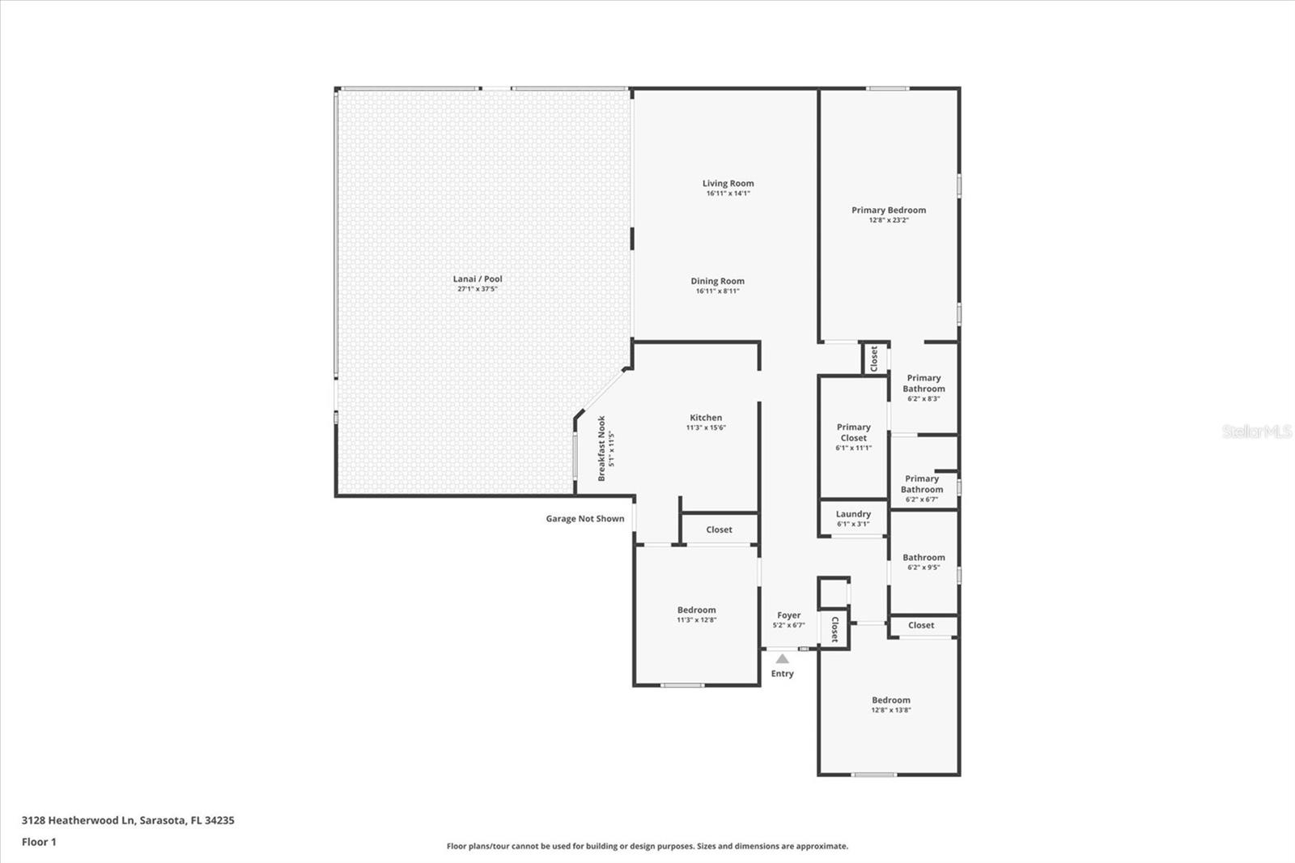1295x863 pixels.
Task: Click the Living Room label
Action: click(728, 184)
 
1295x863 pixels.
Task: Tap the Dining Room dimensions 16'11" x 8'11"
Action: click(717, 291)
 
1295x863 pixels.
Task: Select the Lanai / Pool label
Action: click(478, 279)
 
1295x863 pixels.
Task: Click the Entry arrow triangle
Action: click(782, 659)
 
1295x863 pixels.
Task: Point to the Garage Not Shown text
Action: click(584, 519)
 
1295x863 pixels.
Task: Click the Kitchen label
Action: click(706, 418)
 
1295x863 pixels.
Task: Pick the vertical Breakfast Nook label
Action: click(601, 449)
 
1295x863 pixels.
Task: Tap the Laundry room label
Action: click(853, 514)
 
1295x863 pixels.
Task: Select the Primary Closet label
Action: click(853, 432)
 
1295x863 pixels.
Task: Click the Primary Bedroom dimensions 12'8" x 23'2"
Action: click(889, 220)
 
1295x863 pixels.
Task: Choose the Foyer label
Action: click(788, 615)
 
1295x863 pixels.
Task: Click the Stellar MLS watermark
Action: click(1257, 431)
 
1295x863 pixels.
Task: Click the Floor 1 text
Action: click(39, 842)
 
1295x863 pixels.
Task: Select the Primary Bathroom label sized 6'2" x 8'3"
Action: click(923, 384)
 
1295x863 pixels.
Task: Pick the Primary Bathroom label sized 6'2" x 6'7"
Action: click(922, 484)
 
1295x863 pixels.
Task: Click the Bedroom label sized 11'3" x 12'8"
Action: click(696, 610)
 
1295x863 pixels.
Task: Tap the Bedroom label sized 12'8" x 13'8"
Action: click(890, 700)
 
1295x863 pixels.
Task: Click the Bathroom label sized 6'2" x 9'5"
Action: click(923, 558)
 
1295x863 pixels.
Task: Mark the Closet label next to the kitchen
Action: click(719, 530)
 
